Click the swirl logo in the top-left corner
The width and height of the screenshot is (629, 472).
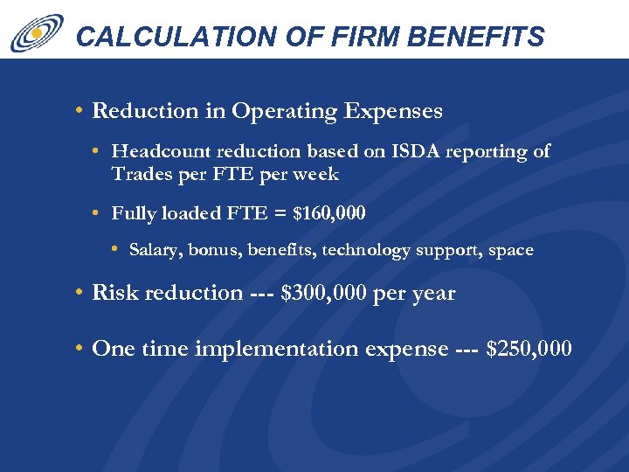(37, 32)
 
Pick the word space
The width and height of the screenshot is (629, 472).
(511, 250)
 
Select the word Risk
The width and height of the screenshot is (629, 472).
(114, 293)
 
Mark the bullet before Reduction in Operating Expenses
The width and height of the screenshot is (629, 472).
(79, 111)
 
